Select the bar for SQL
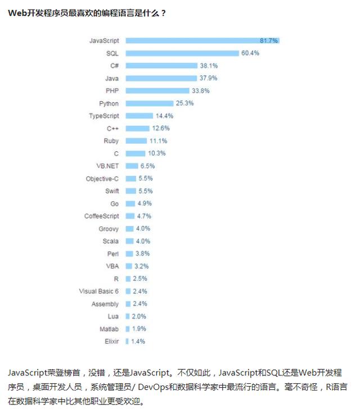[x=182, y=53]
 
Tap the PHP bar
[x=157, y=90]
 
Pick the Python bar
[x=150, y=103]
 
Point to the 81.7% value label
[x=269, y=40]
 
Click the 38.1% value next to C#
[x=208, y=65]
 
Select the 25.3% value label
[x=184, y=103]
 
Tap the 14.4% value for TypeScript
[x=164, y=116]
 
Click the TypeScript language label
[x=104, y=116]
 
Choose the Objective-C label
[x=102, y=178]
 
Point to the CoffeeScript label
[x=102, y=216]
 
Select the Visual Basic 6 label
[x=99, y=291]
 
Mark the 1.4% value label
[x=138, y=341]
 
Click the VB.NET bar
[x=132, y=166]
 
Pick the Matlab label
[x=110, y=329]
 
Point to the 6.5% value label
[x=147, y=166]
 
